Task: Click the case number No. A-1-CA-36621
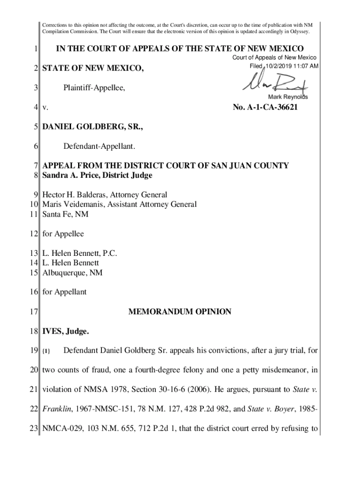(x=265, y=108)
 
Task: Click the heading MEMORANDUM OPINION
(x=180, y=312)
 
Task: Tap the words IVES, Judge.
(x=65, y=331)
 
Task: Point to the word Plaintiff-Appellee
(x=94, y=88)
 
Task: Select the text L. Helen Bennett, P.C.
(x=79, y=253)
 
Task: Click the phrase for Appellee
(x=63, y=233)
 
